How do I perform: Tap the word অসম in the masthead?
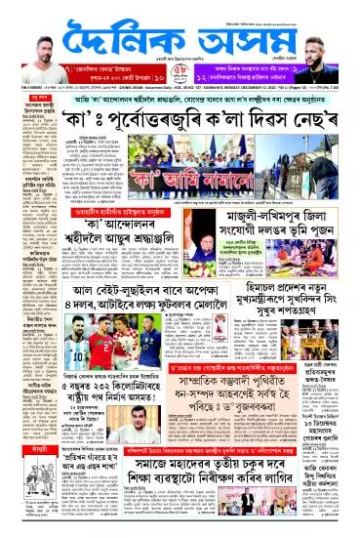pyautogui.click(x=229, y=41)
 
